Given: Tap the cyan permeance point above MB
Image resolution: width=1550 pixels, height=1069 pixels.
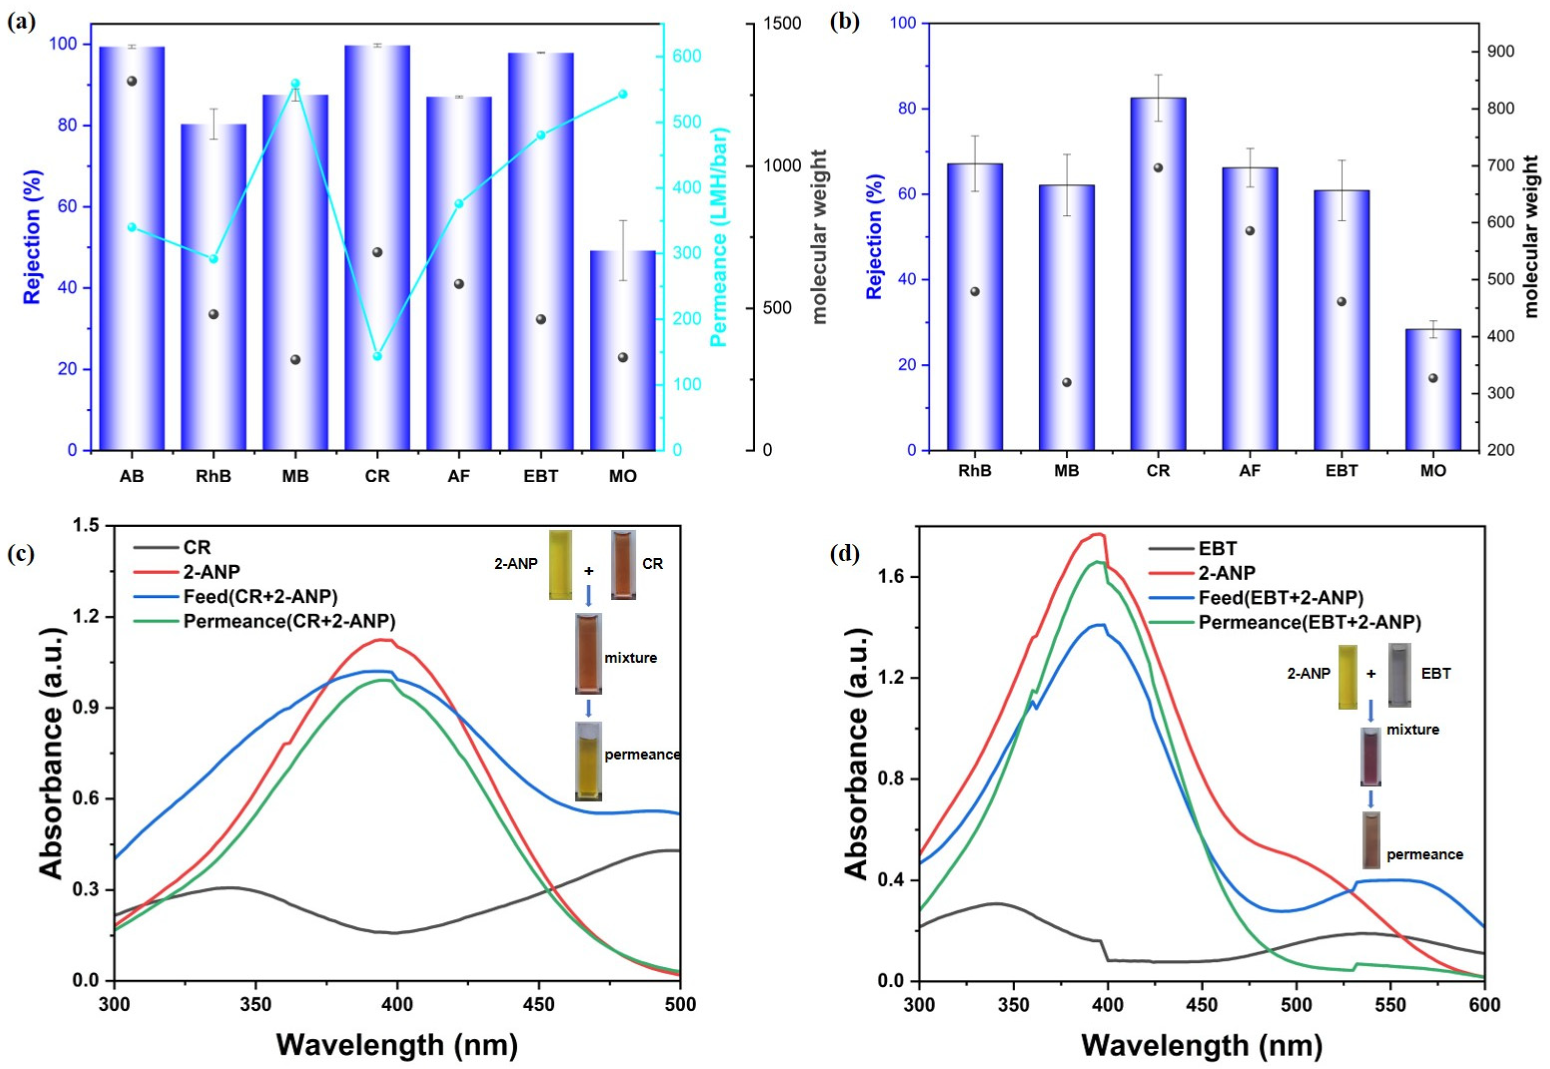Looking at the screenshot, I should [x=295, y=84].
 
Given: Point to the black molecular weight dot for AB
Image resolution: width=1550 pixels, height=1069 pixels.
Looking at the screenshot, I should [x=132, y=81].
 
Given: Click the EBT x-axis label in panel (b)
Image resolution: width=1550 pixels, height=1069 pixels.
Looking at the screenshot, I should [x=1341, y=471].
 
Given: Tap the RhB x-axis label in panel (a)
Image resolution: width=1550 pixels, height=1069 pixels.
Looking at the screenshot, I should [x=213, y=476].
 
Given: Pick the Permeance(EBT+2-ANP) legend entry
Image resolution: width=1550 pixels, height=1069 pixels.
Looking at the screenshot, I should [x=1310, y=622].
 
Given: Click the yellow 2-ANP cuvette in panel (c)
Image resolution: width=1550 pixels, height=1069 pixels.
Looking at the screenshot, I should [x=561, y=564].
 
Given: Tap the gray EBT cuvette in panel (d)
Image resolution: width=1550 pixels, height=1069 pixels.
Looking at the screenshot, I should [x=1399, y=675].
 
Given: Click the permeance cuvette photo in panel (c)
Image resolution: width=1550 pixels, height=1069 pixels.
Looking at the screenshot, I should [x=588, y=761].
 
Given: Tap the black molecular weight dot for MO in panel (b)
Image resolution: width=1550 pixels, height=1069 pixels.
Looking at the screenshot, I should [x=1433, y=378].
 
